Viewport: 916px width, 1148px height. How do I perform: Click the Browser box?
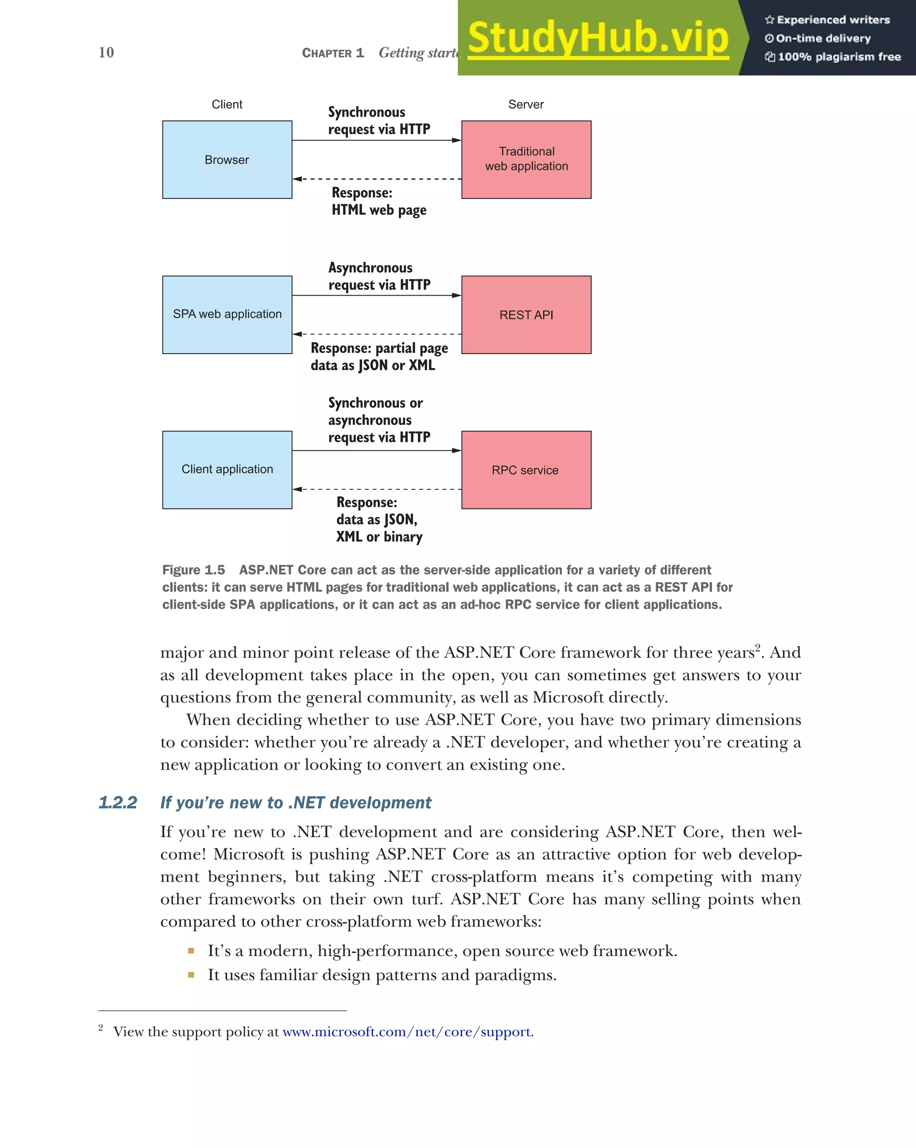pyautogui.click(x=227, y=160)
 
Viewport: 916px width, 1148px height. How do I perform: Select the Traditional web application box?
pyautogui.click(x=526, y=159)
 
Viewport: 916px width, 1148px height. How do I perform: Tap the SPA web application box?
pyautogui.click(x=227, y=314)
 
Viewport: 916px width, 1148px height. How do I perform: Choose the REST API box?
pyautogui.click(x=526, y=315)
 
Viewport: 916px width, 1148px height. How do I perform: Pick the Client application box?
pyautogui.click(x=227, y=470)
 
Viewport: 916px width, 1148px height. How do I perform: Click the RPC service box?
pyautogui.click(x=526, y=470)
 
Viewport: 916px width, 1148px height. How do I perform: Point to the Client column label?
pyautogui.click(x=227, y=104)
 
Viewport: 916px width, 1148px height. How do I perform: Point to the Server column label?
pyautogui.click(x=526, y=104)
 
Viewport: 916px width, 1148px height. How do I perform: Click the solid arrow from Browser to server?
pyautogui.click(x=377, y=140)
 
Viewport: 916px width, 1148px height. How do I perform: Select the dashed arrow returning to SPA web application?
pyautogui.click(x=377, y=335)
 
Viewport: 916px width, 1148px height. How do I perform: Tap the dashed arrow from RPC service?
pyautogui.click(x=377, y=489)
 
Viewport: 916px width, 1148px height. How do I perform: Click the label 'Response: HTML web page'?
pyautogui.click(x=379, y=201)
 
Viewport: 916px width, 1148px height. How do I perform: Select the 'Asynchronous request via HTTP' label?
pyautogui.click(x=379, y=276)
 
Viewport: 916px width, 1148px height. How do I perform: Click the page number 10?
pyautogui.click(x=106, y=52)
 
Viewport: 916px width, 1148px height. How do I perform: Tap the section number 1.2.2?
pyautogui.click(x=118, y=802)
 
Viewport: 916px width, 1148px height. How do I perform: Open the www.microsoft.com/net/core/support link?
pyautogui.click(x=407, y=1032)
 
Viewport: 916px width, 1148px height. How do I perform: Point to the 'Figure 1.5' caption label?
pyautogui.click(x=193, y=570)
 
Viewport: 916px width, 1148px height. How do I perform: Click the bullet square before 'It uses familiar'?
pyautogui.click(x=191, y=975)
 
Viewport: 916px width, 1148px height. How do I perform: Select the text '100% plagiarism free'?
pyautogui.click(x=839, y=57)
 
